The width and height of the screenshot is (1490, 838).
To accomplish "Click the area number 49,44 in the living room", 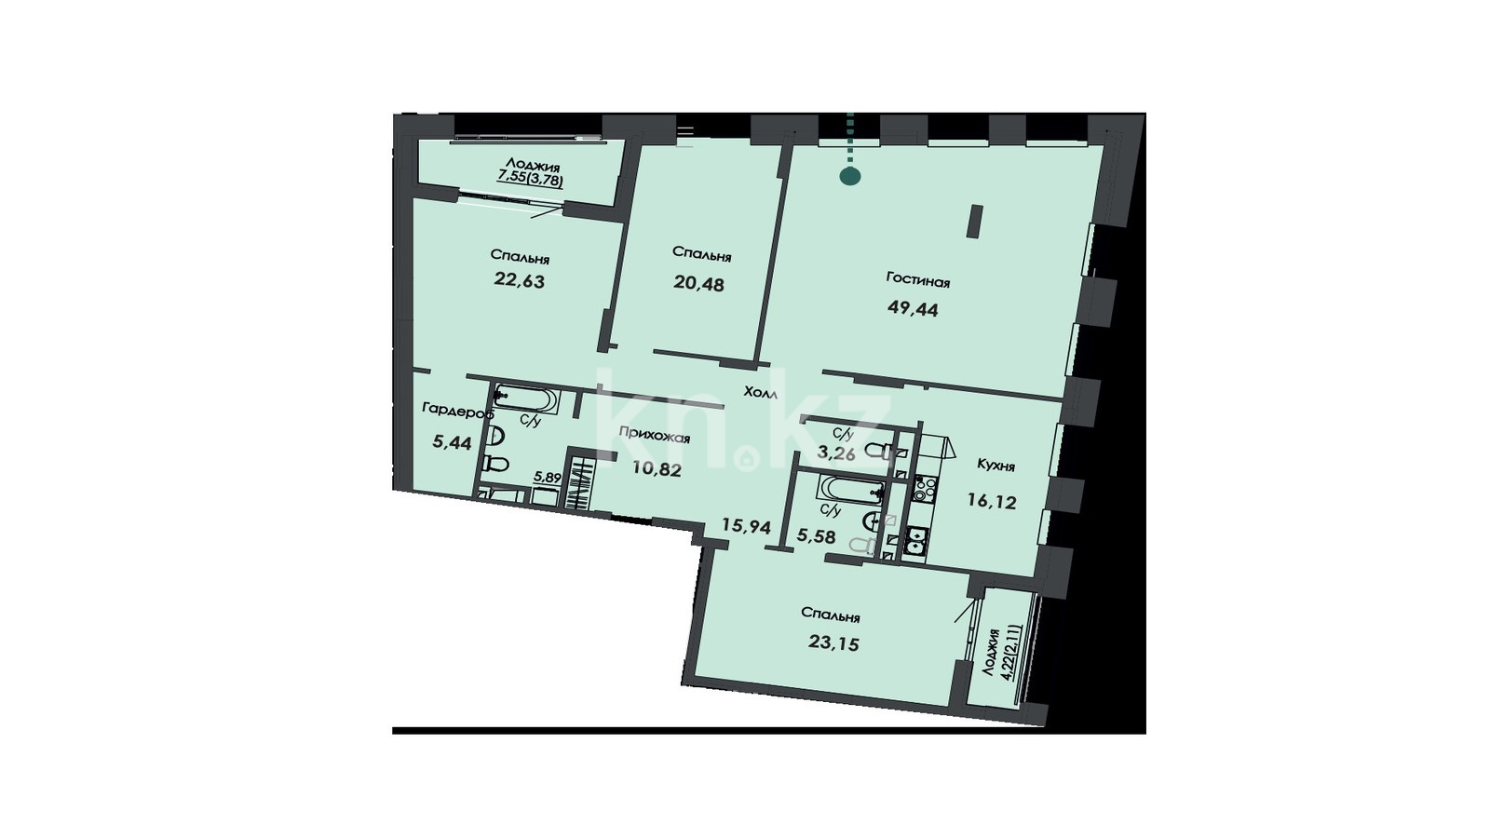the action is [913, 308].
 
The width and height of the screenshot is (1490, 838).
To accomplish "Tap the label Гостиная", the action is [918, 280].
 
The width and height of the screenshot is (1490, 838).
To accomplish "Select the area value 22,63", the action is [519, 280].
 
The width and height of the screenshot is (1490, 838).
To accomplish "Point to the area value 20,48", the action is [698, 283].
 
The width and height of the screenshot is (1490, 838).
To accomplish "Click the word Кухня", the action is [996, 466].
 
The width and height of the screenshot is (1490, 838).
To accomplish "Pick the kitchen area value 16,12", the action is [992, 502].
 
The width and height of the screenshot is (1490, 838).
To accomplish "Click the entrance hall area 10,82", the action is [657, 469].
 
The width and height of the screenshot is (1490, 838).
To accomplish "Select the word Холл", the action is [761, 392].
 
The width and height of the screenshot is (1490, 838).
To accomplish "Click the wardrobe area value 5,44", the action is [452, 442].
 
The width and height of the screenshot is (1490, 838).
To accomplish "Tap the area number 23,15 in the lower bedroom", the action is [833, 642].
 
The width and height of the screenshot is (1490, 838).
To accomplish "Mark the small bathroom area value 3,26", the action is [836, 454].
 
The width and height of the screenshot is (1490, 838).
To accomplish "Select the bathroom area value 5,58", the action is [816, 536].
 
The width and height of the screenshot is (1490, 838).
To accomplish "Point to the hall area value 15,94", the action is [746, 527].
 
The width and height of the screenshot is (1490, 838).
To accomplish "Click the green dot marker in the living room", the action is [850, 176].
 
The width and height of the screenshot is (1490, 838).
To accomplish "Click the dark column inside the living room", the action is [975, 223].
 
